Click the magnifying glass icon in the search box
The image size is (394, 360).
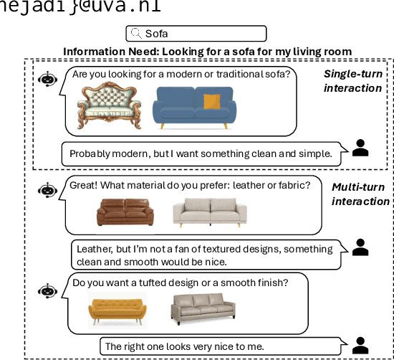[x=136, y=33]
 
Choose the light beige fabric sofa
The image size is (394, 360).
[x=210, y=212]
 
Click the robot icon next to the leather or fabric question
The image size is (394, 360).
[x=48, y=190]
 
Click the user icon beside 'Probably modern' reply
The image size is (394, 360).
[x=361, y=148]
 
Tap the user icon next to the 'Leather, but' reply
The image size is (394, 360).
[x=361, y=248]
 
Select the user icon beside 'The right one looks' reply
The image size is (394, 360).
[x=361, y=344]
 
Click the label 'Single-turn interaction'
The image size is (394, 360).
[x=352, y=80]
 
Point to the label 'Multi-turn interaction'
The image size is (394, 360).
[x=360, y=194]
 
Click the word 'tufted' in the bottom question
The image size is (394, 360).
[x=158, y=283]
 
